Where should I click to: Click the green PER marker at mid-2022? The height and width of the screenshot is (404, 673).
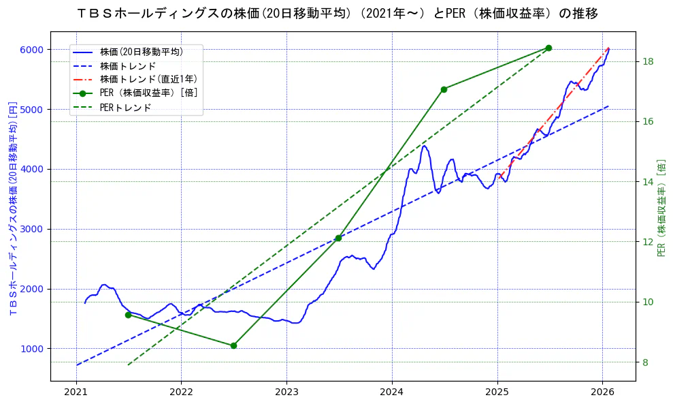233,345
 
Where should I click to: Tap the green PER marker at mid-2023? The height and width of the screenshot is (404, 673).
338,238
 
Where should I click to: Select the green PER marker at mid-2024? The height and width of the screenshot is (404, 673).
444,89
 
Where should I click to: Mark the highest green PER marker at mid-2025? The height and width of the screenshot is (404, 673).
548,48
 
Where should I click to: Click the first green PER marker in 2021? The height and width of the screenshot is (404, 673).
128,315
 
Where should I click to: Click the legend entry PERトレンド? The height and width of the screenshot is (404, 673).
125,108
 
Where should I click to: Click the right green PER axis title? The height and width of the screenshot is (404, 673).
661,208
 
